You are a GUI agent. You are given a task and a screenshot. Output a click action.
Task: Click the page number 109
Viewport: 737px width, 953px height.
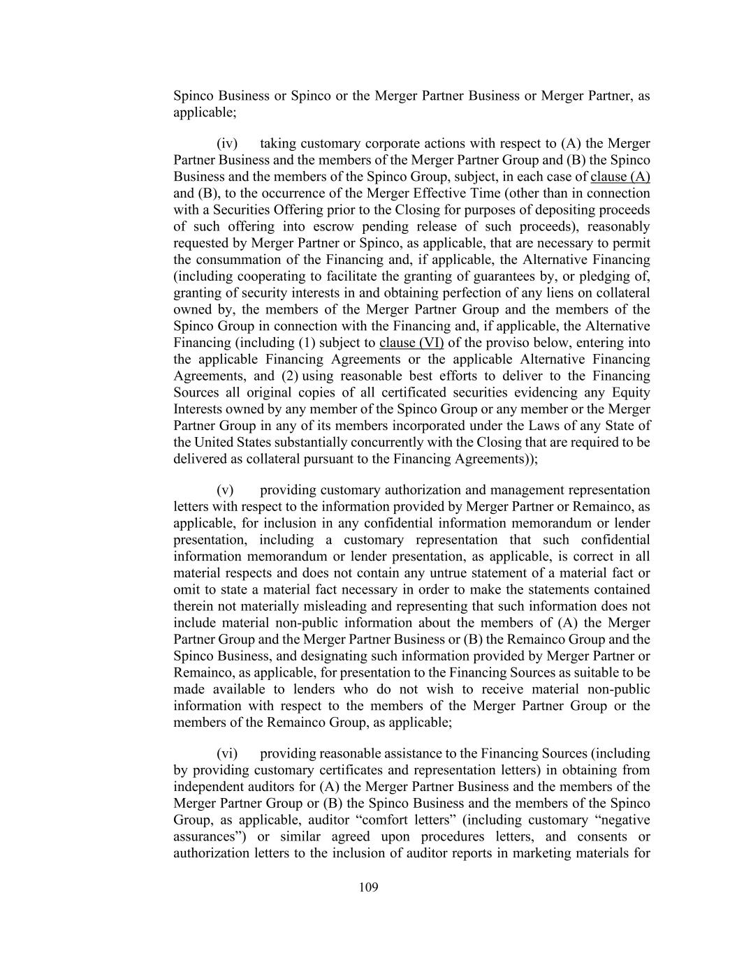[x=368, y=887]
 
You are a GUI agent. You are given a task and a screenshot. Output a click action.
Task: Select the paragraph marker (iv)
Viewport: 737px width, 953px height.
[x=227, y=143]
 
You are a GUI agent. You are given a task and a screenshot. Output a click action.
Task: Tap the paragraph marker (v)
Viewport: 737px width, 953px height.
[x=225, y=489]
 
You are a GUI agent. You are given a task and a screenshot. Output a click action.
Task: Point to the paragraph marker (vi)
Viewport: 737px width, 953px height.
[x=227, y=753]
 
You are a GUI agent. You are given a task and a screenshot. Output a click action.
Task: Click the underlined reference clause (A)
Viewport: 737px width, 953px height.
[x=620, y=177]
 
